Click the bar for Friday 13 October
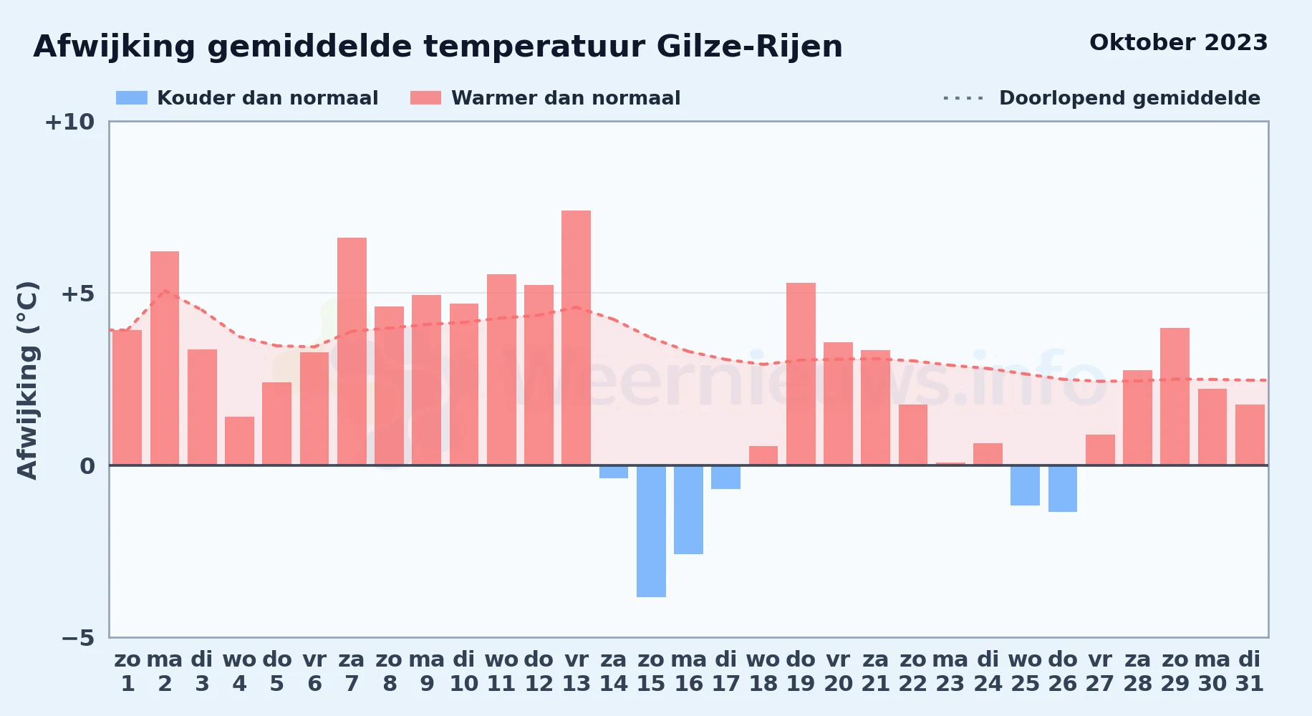click(x=576, y=338)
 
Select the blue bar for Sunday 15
click(x=651, y=531)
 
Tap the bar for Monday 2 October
click(x=165, y=358)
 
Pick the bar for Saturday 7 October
click(x=352, y=352)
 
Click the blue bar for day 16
click(x=688, y=510)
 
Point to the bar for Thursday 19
click(x=801, y=374)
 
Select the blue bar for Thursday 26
click(x=1063, y=488)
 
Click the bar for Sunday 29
click(x=1174, y=397)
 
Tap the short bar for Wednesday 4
click(x=239, y=441)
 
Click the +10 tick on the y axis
click(x=69, y=122)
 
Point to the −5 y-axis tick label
click(x=77, y=638)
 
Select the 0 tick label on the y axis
click(x=87, y=466)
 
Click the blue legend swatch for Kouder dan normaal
click(x=132, y=98)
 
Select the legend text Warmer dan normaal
click(x=566, y=98)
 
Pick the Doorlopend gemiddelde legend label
click(x=1129, y=98)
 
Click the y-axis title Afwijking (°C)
click(x=27, y=380)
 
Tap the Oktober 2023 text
click(x=1179, y=42)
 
